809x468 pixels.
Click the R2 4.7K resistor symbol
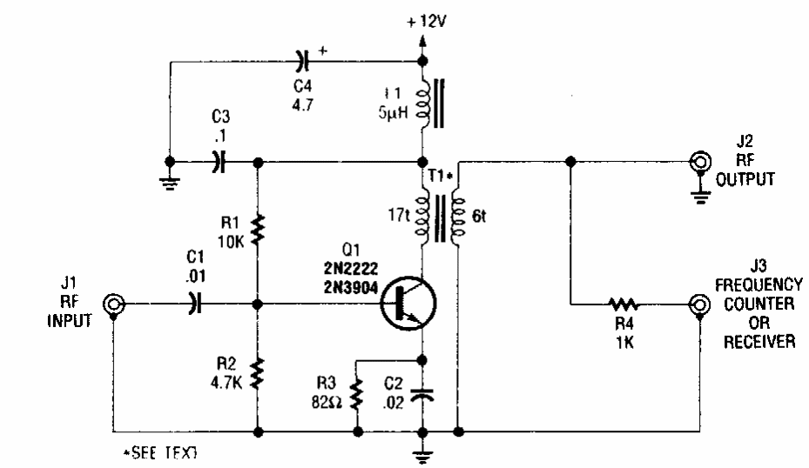coord(259,373)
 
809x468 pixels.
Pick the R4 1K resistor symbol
coord(624,304)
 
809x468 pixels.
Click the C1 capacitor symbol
coord(194,304)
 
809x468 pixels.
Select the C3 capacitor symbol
coord(218,162)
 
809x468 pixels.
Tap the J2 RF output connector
coord(698,162)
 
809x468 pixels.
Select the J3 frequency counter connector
coord(698,304)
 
